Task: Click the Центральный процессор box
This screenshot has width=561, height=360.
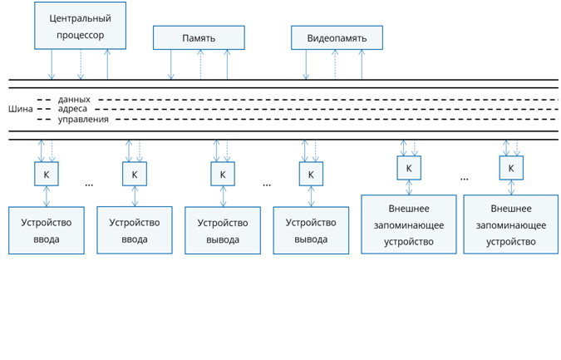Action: point(80,26)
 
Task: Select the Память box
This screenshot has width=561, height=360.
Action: point(199,37)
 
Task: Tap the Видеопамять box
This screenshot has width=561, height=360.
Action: point(337,37)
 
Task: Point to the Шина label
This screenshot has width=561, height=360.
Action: point(21,109)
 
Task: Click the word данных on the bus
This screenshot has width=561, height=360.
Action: point(74,99)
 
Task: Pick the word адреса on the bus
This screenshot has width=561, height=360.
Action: point(72,109)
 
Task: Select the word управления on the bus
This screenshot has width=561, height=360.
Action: point(83,119)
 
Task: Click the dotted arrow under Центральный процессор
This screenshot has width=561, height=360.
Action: point(81,64)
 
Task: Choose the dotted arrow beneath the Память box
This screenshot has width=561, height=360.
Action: point(200,64)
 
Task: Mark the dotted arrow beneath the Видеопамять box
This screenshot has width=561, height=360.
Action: point(335,64)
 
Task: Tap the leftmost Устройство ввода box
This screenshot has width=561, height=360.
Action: point(47,230)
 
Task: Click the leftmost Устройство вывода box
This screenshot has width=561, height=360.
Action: point(223,231)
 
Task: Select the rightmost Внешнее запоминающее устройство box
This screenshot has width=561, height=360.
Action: point(511,224)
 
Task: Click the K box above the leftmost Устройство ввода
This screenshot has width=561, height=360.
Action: point(47,174)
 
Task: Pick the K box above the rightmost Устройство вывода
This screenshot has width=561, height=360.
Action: point(311,174)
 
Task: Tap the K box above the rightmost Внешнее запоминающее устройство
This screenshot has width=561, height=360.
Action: point(511,168)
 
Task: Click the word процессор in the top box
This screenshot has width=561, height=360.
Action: point(81,35)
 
